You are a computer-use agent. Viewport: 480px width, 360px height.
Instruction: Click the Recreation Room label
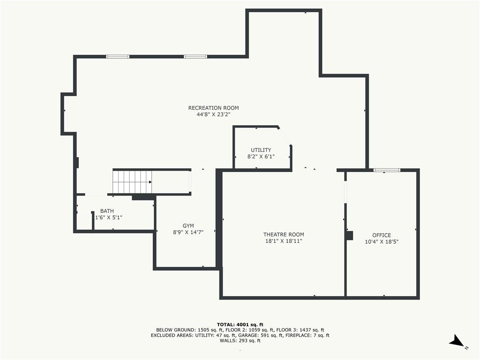[x=213, y=108]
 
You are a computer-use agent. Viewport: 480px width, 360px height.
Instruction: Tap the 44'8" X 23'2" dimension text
[x=213, y=114]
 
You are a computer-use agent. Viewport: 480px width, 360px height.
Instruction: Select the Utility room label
[x=261, y=150]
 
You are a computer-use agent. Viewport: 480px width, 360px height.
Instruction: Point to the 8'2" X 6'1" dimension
[x=261, y=157]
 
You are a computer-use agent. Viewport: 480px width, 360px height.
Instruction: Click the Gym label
[x=188, y=226]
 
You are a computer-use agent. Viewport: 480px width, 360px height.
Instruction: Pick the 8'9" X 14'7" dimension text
[x=188, y=232]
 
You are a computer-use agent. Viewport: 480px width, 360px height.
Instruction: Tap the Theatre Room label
[x=284, y=234]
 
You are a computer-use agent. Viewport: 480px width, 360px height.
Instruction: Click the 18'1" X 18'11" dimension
[x=284, y=241]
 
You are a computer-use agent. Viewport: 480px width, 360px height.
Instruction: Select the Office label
[x=382, y=235]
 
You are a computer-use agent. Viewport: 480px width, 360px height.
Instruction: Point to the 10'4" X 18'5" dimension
[x=382, y=242]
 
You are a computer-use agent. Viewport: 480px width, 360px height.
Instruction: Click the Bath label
[x=107, y=211]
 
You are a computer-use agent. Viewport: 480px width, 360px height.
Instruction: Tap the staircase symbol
[x=132, y=182]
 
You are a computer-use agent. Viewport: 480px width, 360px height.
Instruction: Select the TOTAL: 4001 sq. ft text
[x=240, y=324]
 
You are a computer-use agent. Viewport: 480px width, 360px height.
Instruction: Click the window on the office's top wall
[x=387, y=170]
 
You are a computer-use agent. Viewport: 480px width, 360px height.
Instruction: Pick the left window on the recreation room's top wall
[x=118, y=57]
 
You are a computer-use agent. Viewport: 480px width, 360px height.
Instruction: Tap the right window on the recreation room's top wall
[x=195, y=57]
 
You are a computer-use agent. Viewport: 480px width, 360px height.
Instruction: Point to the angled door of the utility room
[x=285, y=137]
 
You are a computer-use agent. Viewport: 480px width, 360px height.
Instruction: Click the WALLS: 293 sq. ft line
[x=240, y=340]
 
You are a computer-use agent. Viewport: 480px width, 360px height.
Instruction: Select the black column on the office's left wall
[x=350, y=235]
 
